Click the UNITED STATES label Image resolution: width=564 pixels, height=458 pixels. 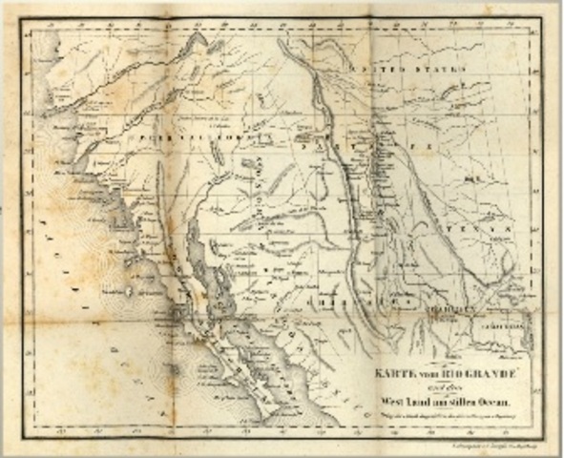(x=392, y=71)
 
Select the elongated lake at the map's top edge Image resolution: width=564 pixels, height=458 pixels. (x=198, y=42)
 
